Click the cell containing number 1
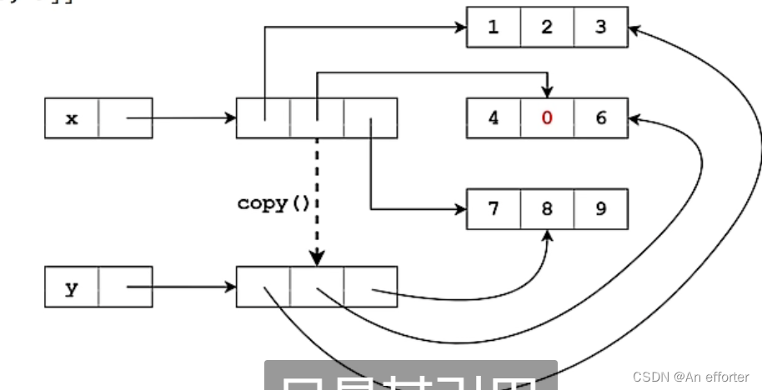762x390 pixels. (x=494, y=27)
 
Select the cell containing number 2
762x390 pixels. (x=547, y=27)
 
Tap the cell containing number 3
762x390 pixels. (x=600, y=27)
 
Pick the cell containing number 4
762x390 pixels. (x=494, y=117)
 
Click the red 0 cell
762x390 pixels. (x=547, y=117)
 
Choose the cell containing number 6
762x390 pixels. (x=600, y=117)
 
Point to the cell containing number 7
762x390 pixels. (x=494, y=208)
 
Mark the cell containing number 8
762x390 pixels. (x=547, y=208)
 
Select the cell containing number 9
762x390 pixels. (x=600, y=208)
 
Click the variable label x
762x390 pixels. (x=72, y=118)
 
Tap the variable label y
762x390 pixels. (x=72, y=287)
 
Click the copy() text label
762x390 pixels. (x=273, y=203)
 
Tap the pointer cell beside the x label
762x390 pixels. (x=125, y=118)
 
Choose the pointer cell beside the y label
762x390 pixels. (x=125, y=287)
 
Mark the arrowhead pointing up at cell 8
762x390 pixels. (x=548, y=236)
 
